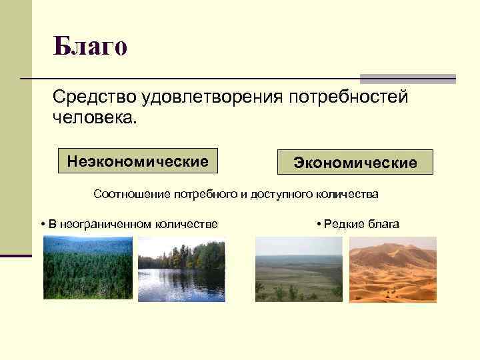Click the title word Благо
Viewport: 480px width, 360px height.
click(x=90, y=47)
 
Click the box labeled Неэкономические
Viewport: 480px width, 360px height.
click(x=138, y=161)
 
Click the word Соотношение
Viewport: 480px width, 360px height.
click(x=132, y=195)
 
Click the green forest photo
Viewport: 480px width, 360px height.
click(x=87, y=268)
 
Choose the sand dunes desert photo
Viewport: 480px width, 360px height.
click(x=393, y=269)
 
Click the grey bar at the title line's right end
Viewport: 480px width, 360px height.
click(x=407, y=79)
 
